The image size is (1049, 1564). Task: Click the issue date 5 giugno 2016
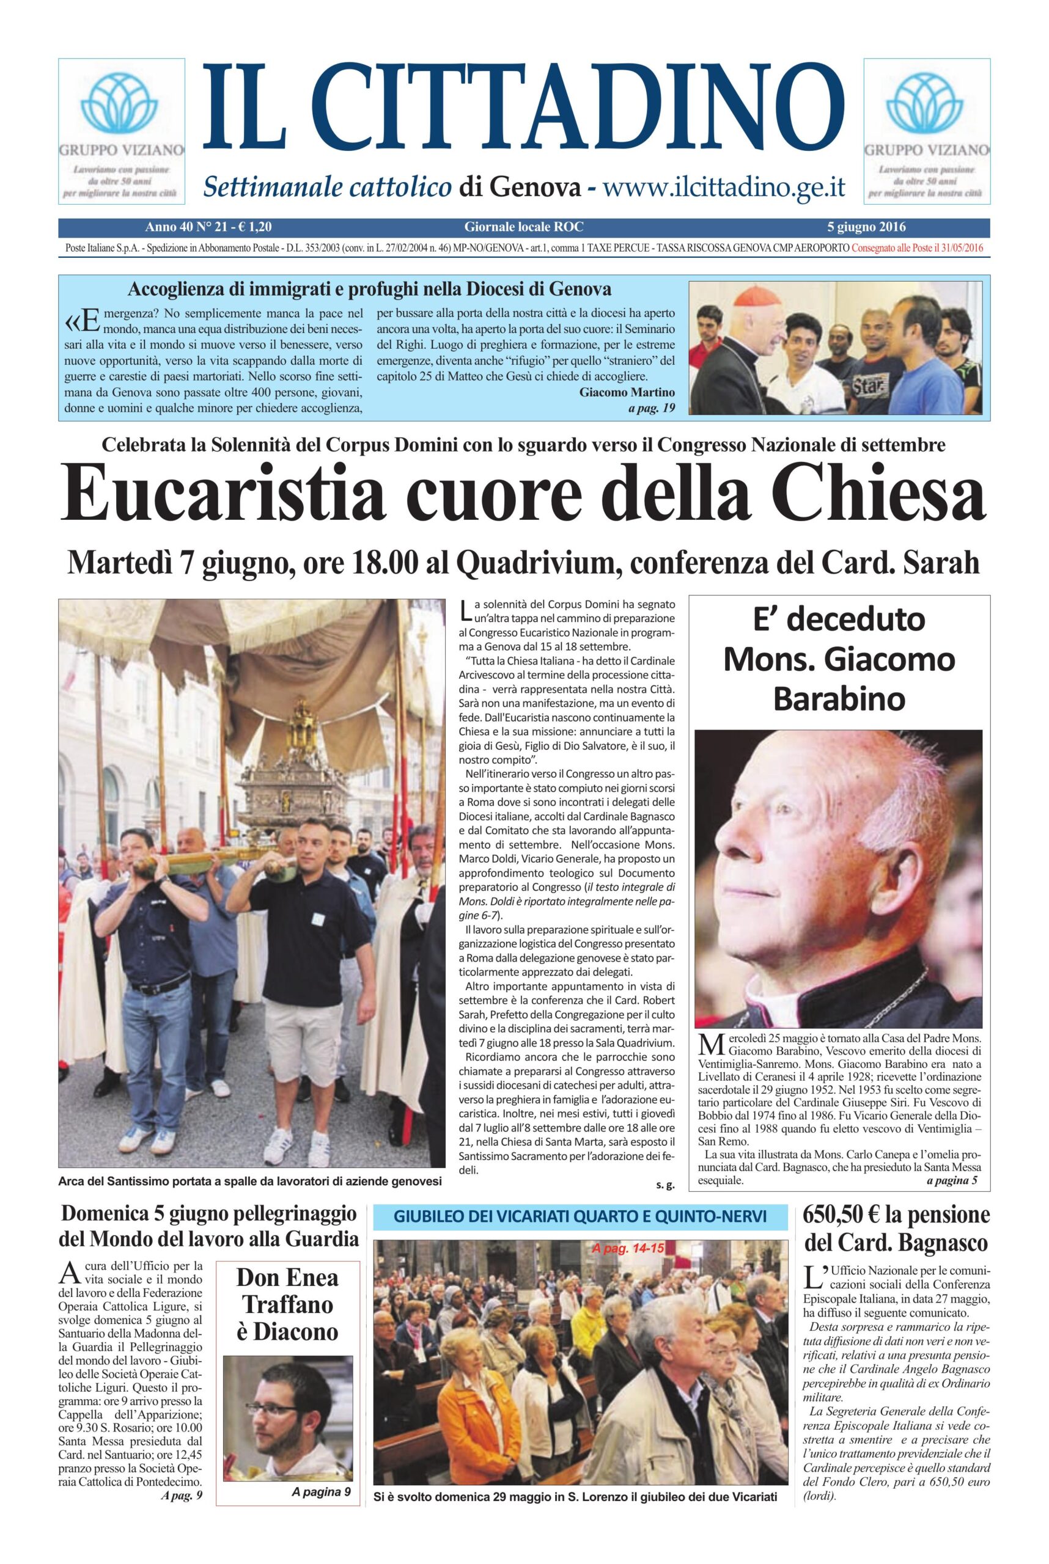(866, 227)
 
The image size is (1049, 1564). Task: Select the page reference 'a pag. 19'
(652, 408)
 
